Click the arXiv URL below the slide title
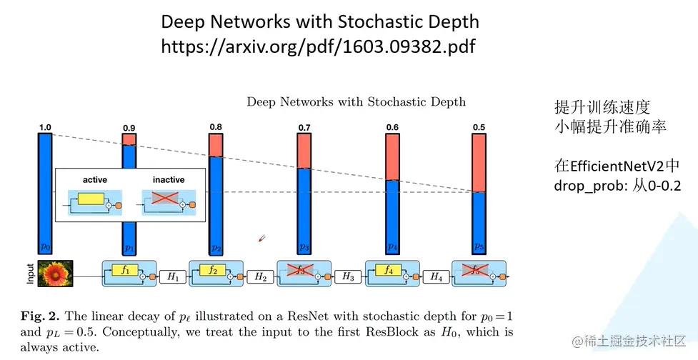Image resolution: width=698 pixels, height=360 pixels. pyautogui.click(x=318, y=46)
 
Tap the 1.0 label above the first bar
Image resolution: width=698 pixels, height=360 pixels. pyautogui.click(x=45, y=127)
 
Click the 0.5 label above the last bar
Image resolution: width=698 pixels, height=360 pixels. pyautogui.click(x=479, y=128)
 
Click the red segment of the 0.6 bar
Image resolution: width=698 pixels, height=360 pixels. pyautogui.click(x=392, y=156)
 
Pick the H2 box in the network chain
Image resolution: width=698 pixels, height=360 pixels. pyautogui.click(x=261, y=276)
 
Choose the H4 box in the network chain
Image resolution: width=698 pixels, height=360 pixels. pyautogui.click(x=436, y=276)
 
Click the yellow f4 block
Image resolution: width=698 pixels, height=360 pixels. pyautogui.click(x=388, y=271)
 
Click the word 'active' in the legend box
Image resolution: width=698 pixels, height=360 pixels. pyautogui.click(x=95, y=179)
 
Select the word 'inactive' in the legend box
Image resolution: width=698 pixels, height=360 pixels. pyautogui.click(x=168, y=179)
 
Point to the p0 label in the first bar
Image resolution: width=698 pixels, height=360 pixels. pyautogui.click(x=45, y=246)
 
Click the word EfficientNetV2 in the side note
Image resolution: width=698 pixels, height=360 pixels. pyautogui.click(x=617, y=166)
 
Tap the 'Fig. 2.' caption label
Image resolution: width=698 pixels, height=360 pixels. pyautogui.click(x=44, y=315)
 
